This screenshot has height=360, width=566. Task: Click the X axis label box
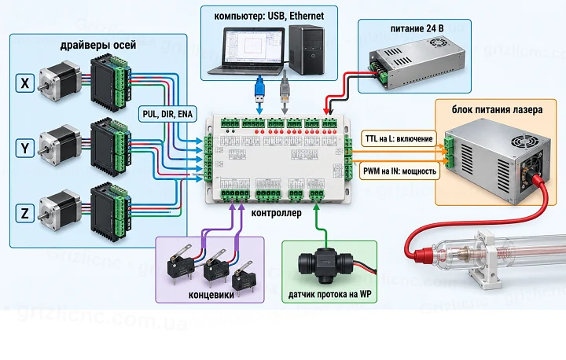point(24,83)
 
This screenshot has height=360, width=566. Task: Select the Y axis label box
point(24,148)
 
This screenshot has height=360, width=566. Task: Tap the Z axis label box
point(24,213)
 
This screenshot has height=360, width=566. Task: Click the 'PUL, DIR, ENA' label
point(167,114)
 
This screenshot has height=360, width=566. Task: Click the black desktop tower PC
point(307,50)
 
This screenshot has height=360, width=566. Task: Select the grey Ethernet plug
point(285,90)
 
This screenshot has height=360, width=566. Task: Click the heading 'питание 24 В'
point(417,28)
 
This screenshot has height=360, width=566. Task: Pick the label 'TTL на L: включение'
point(399,139)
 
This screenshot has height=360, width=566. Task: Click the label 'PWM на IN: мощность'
point(399,171)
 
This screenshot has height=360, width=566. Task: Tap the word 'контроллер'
point(276,213)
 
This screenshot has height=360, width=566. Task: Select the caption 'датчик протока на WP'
point(329,294)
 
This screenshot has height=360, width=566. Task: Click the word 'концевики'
point(211,295)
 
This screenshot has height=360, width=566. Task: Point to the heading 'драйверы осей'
point(98,45)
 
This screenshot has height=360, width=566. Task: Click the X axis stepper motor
point(60,82)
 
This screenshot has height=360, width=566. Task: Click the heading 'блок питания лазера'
point(497,109)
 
